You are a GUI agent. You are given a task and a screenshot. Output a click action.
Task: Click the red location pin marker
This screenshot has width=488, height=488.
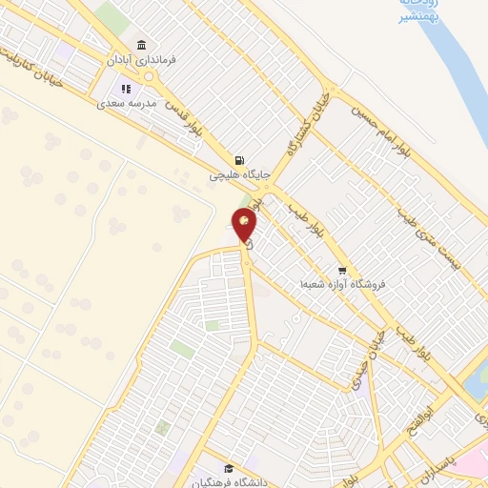coord(245,226)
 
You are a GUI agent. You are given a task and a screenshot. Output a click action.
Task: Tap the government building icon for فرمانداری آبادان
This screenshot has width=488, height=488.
coord(141,45)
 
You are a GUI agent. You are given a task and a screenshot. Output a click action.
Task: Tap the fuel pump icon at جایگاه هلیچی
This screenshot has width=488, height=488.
coord(238,160)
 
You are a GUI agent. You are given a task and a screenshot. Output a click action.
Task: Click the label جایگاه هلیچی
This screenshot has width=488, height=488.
coord(241,175)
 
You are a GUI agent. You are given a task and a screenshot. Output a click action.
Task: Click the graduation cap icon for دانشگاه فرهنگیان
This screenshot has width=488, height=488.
coord(229,468)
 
